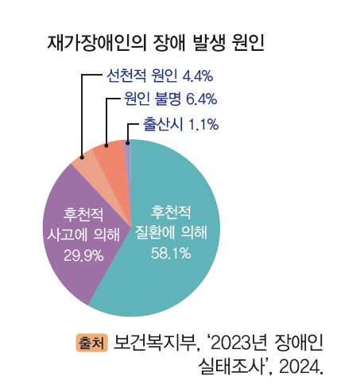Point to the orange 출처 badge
pos(91,343)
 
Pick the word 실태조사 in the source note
pos(230,367)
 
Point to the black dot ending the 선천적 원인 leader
pos(82,157)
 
